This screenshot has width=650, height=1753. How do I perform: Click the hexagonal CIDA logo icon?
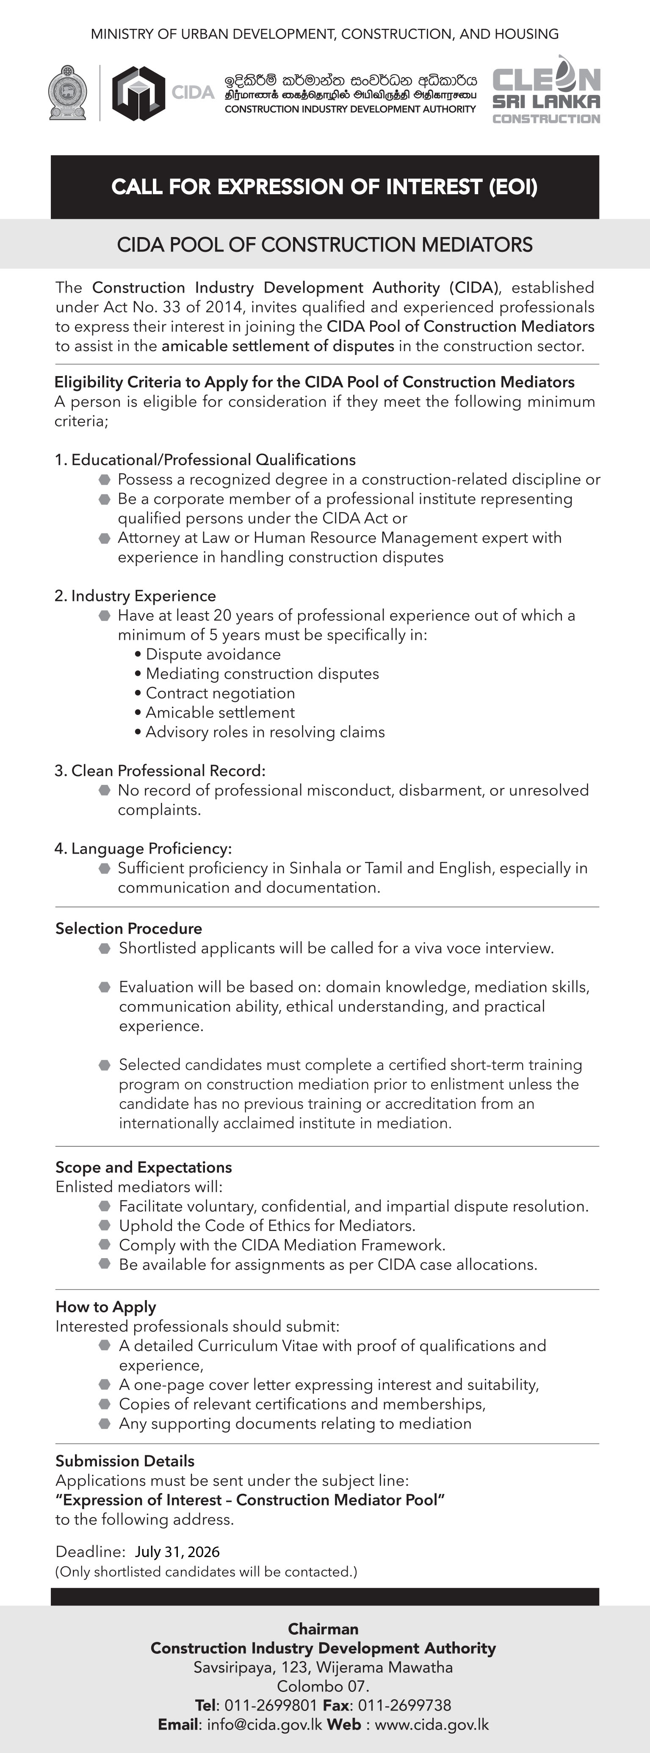coord(139,93)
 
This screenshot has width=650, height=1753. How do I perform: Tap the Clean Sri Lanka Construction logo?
coord(546,90)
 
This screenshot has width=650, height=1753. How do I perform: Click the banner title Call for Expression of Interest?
coord(324,187)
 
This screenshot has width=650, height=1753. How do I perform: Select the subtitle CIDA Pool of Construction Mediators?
coord(324,244)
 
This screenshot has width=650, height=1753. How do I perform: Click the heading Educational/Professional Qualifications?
coord(213,460)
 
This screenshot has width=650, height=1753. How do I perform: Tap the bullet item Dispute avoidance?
coord(213,654)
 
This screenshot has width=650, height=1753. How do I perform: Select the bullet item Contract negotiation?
coord(220,693)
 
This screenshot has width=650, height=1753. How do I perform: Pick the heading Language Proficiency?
coord(151,849)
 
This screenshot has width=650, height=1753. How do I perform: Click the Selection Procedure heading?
coord(128,928)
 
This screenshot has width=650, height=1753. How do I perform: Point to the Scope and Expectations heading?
coord(144,1167)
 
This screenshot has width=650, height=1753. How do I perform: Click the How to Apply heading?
coord(106,1306)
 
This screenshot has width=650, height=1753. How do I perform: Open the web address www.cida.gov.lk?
coord(432,1725)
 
